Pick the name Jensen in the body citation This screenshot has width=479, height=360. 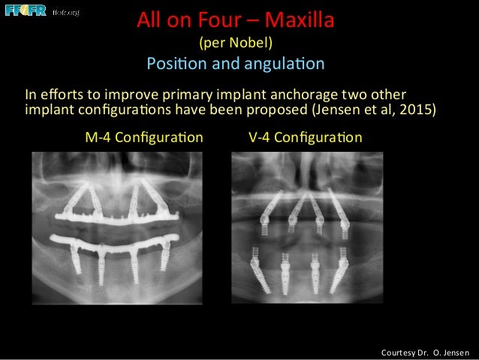click(x=333, y=110)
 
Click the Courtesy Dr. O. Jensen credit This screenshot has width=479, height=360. click(x=425, y=352)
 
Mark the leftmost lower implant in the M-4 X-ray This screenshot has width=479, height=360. click(x=77, y=260)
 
